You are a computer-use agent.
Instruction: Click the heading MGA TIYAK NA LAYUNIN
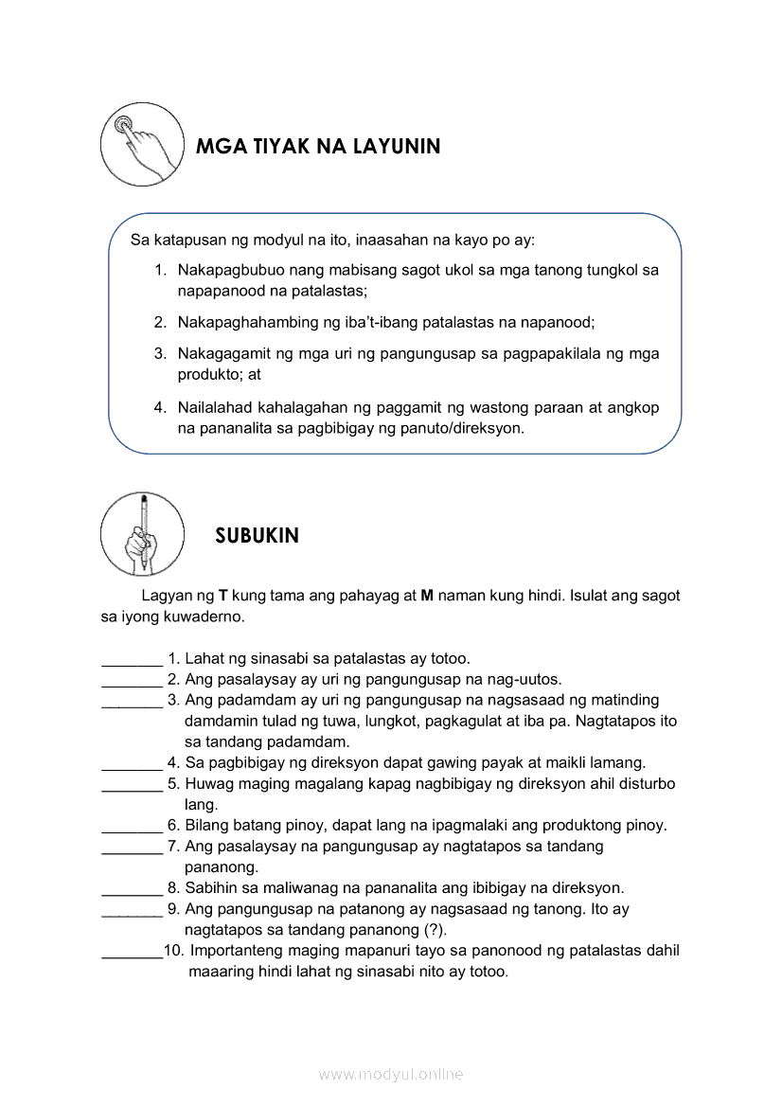317,147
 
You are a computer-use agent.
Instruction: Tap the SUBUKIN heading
257,536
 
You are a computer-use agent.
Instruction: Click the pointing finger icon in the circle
142,145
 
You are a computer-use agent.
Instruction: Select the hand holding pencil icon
142,533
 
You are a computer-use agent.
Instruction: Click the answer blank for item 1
132,659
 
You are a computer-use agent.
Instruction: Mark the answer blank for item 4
132,763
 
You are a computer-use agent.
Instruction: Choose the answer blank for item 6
132,826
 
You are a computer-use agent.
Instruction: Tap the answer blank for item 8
132,888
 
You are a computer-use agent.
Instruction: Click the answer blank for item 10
132,952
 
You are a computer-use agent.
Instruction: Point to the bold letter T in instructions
223,597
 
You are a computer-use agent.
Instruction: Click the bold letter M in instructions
427,597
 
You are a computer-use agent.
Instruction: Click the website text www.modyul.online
391,1074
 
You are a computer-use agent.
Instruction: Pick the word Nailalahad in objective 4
212,407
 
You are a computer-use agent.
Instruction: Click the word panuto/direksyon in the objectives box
466,428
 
